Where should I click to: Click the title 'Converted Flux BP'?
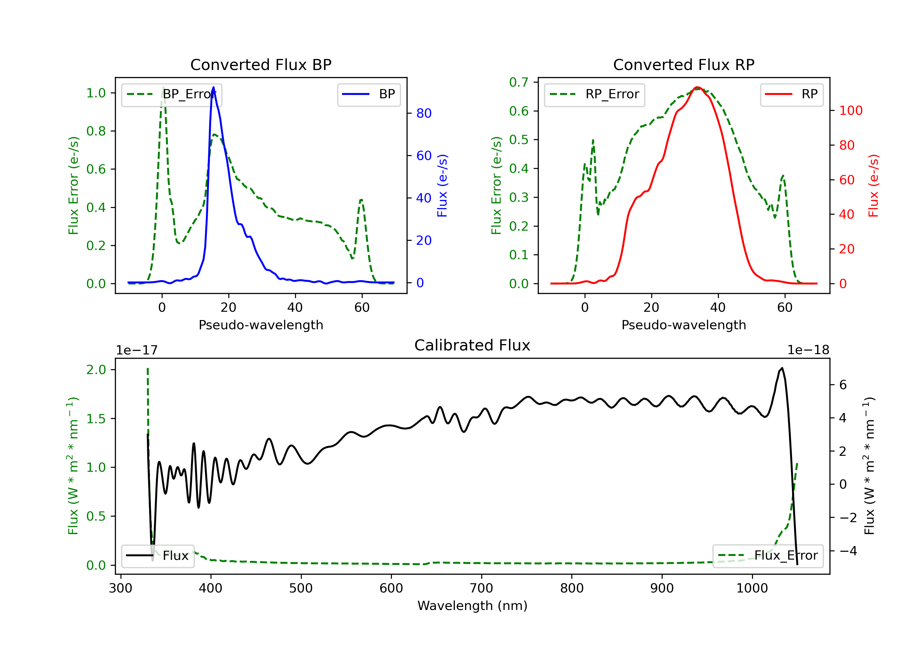pyautogui.click(x=261, y=64)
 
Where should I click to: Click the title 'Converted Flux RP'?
pyautogui.click(x=684, y=64)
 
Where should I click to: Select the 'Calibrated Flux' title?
pyautogui.click(x=472, y=345)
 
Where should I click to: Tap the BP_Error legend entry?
pyautogui.click(x=171, y=95)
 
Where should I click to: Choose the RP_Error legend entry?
pyautogui.click(x=594, y=95)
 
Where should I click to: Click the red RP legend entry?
pyautogui.click(x=791, y=95)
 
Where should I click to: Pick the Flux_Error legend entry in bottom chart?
pyautogui.click(x=768, y=556)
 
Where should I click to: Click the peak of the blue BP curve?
pyautogui.click(x=213, y=87)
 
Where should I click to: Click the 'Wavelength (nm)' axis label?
pyautogui.click(x=472, y=606)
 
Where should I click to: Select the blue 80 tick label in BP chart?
pyautogui.click(x=424, y=114)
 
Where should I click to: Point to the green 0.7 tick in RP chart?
pyautogui.click(x=518, y=82)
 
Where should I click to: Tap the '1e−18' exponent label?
pyautogui.click(x=808, y=350)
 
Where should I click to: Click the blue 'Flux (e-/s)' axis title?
pyautogui.click(x=442, y=186)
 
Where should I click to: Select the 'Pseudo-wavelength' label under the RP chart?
pyautogui.click(x=684, y=325)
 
